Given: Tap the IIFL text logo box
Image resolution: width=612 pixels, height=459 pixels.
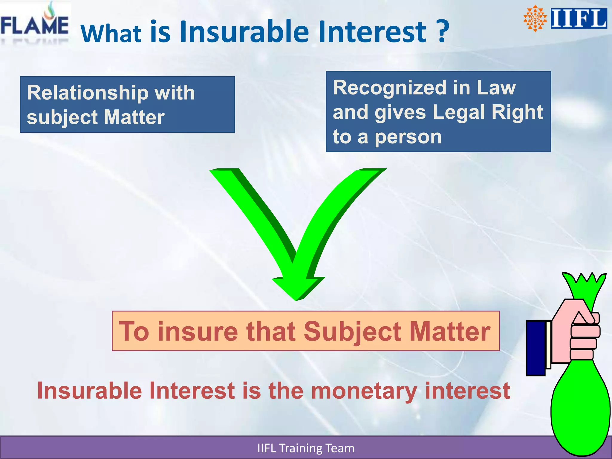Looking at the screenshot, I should coord(579,19).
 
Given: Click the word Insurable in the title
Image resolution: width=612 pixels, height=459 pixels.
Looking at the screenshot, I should coord(244,31).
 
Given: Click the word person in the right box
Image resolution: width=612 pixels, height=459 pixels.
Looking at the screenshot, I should coord(408,137).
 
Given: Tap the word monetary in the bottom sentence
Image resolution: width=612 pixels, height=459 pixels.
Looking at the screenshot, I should coord(364,391).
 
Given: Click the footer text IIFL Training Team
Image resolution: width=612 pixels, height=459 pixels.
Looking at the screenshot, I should coord(306,448).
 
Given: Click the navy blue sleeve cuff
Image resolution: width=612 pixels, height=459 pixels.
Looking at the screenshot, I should coord(536,348).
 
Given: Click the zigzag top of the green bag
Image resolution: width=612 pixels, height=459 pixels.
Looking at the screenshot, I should coord(584,282).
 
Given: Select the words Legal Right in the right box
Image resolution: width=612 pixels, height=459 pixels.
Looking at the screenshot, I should coord(487,112).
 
